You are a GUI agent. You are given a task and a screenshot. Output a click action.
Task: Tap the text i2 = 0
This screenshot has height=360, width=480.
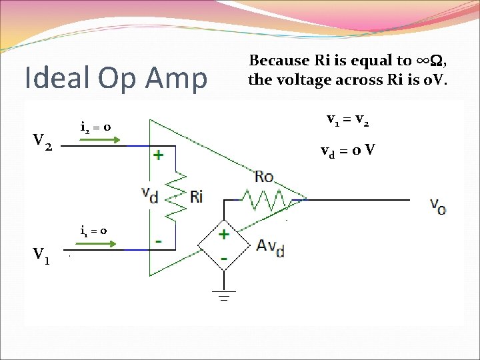(95, 127)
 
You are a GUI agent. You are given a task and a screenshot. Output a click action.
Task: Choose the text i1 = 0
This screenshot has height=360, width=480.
(93, 231)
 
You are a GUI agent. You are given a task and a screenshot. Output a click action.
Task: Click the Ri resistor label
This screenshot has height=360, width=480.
(196, 196)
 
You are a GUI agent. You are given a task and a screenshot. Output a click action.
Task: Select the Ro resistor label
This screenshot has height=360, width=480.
(265, 177)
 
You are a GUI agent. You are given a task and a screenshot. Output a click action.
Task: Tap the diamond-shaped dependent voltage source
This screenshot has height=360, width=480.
(223, 245)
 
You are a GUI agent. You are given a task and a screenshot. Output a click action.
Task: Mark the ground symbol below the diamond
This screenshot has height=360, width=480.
(223, 295)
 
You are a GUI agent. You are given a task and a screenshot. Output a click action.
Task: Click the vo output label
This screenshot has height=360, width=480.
(438, 205)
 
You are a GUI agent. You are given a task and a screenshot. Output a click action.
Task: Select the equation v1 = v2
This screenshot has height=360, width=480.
(348, 121)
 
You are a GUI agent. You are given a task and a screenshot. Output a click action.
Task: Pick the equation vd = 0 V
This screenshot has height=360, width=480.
(347, 151)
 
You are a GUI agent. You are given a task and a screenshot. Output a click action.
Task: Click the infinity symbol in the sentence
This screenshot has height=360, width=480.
(423, 61)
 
